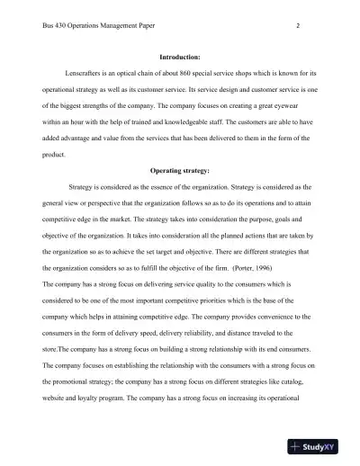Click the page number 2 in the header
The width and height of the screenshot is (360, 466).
297,26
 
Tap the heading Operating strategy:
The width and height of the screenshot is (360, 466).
179,170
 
